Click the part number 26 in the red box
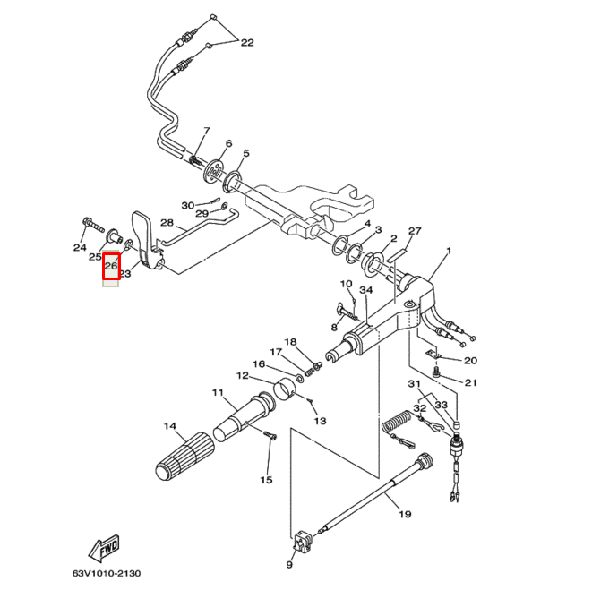[x=112, y=266]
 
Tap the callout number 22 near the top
[x=246, y=42]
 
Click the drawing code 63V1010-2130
[x=107, y=573]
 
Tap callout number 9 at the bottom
[x=289, y=565]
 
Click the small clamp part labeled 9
[x=302, y=542]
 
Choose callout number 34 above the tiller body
[x=365, y=290]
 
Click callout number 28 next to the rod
[x=167, y=223]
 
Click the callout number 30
[x=187, y=205]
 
